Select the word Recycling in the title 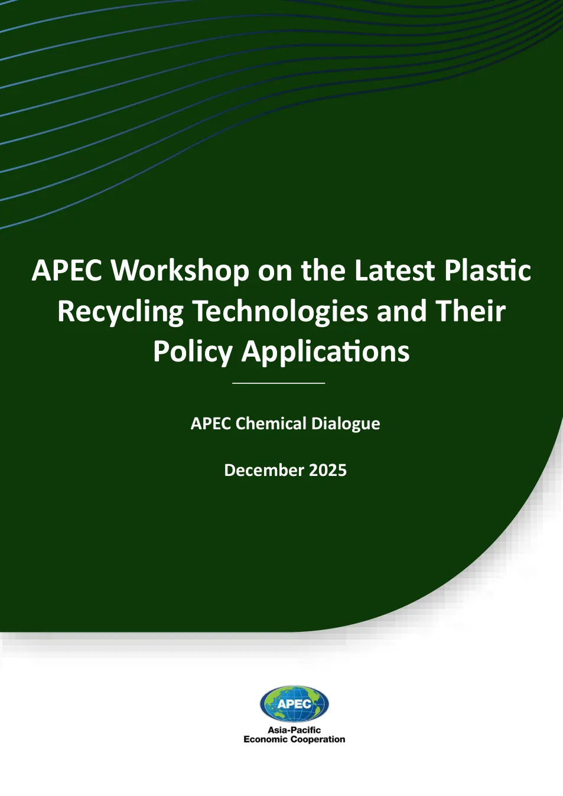pyautogui.click(x=120, y=312)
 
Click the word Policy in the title pyautogui.click(x=193, y=353)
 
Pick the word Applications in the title pyautogui.click(x=326, y=353)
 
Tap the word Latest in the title pyautogui.click(x=395, y=271)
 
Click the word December pyautogui.click(x=264, y=471)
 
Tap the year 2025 pyautogui.click(x=328, y=471)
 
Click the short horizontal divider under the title pyautogui.click(x=279, y=383)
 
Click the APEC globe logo pyautogui.click(x=294, y=704)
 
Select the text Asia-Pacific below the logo pyautogui.click(x=294, y=730)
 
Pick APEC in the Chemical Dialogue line pyautogui.click(x=211, y=423)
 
